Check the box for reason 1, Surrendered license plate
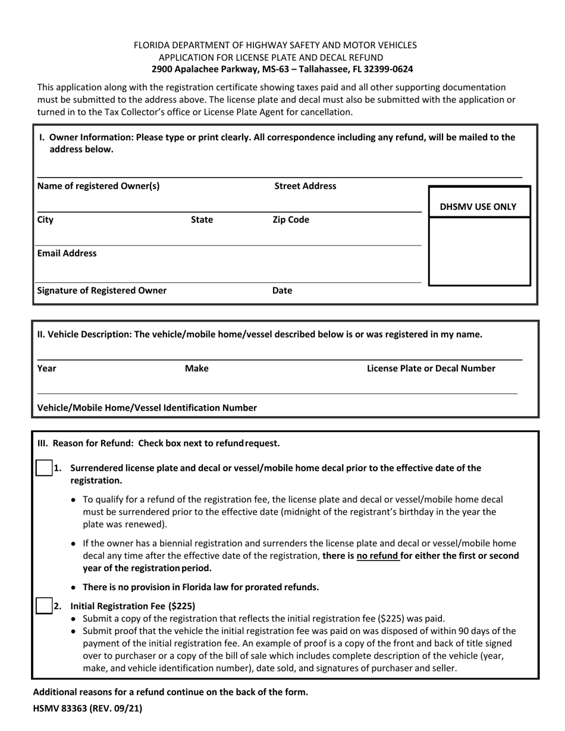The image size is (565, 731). (x=43, y=468)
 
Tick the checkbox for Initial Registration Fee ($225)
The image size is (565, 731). (x=43, y=606)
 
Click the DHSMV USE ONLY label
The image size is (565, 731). (x=478, y=207)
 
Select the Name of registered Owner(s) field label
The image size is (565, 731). (x=98, y=186)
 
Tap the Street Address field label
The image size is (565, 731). (x=305, y=186)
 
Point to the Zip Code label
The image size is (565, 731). (x=290, y=220)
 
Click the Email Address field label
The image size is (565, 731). (x=67, y=253)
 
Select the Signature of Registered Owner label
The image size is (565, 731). (x=102, y=291)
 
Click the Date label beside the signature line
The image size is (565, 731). (x=282, y=291)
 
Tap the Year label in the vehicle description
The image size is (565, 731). (x=46, y=368)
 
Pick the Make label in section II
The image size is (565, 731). (x=197, y=368)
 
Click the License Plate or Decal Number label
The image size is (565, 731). (x=431, y=368)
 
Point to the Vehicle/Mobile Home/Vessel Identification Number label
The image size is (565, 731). (x=147, y=408)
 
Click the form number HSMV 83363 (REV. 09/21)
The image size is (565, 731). (x=87, y=708)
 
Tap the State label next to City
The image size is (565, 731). (x=202, y=220)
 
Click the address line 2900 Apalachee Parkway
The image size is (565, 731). (x=282, y=69)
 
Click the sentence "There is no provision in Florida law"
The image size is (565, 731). (x=200, y=587)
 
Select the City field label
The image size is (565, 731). (x=45, y=220)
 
